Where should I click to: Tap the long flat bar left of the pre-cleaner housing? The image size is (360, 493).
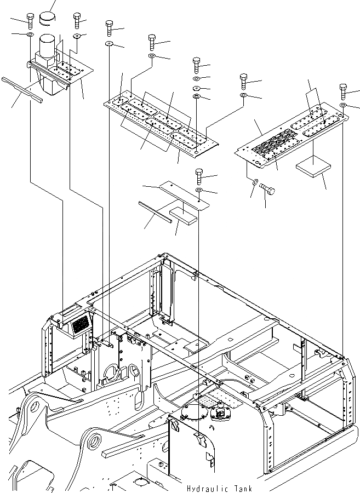pos(22,89)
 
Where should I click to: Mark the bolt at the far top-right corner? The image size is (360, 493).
pos(344,91)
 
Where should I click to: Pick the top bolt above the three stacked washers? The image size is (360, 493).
pos(197,64)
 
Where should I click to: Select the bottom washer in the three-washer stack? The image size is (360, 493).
pos(197,98)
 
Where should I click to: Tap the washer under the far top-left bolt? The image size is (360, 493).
pos(28,36)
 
